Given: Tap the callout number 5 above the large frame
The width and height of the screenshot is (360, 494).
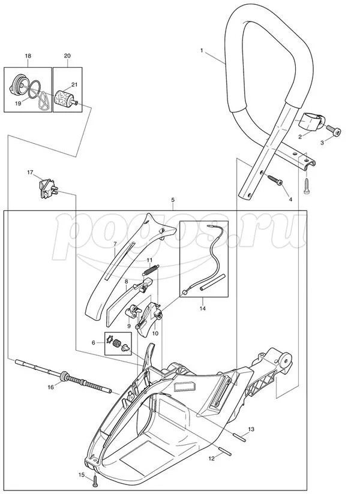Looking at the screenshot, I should click(172, 200).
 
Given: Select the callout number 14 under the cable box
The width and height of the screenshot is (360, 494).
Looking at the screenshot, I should click(202, 308).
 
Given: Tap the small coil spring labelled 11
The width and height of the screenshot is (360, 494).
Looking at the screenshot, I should click(151, 272).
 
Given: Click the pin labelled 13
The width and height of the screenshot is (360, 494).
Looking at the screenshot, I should click(237, 436).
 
